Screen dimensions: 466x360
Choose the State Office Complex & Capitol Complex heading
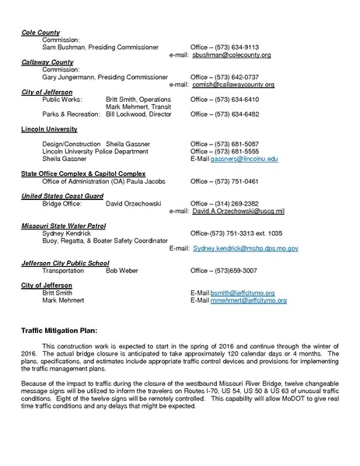(x=83, y=173)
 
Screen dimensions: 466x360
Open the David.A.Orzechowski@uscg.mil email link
(x=237, y=211)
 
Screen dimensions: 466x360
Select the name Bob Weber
(x=122, y=270)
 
